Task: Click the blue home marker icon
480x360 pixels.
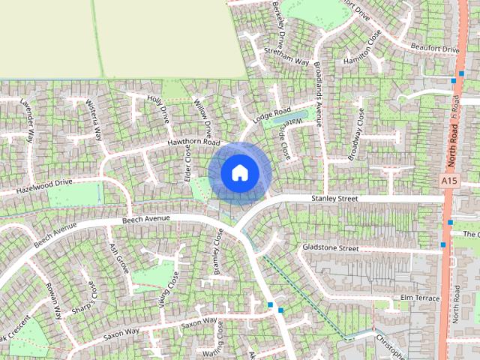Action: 239,172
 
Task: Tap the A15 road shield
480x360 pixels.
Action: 449,181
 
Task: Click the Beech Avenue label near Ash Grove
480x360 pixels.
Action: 145,218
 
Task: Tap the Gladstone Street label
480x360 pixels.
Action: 331,247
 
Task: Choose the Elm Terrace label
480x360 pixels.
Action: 419,298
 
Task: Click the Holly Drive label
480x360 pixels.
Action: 159,109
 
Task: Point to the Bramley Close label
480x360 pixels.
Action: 218,251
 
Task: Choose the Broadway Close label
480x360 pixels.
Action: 355,135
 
